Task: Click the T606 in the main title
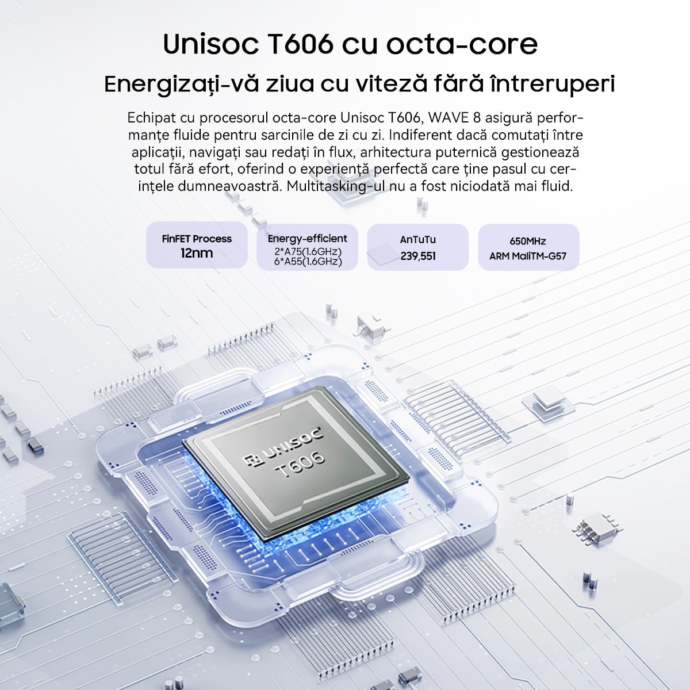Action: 300,44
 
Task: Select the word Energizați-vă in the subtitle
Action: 182,85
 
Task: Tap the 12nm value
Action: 197,253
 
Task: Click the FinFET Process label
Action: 197,239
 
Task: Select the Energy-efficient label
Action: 307,239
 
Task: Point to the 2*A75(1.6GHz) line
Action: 308,251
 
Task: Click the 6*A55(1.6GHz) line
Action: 308,262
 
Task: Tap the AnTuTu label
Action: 418,239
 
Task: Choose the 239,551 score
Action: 418,256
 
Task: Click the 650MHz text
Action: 528,241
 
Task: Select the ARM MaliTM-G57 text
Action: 528,256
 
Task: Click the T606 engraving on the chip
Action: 301,465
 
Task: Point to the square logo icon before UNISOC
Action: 251,460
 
